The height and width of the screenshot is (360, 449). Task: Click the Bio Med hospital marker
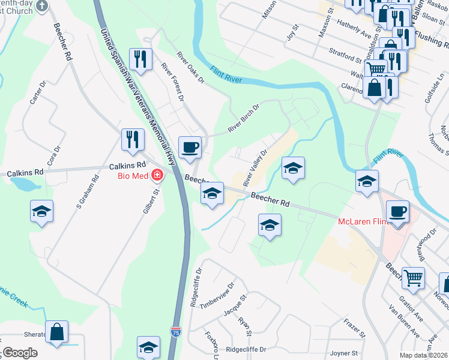[x=157, y=176]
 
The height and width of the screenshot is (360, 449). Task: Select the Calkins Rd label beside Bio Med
[x=128, y=166]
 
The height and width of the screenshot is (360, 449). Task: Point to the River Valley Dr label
[x=255, y=168]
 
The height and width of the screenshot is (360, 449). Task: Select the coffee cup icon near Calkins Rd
[x=190, y=148]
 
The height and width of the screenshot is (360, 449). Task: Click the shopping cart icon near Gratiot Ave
[x=413, y=277]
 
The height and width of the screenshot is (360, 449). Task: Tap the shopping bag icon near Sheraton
[x=56, y=331]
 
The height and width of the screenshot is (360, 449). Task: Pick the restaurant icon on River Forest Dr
[x=140, y=59]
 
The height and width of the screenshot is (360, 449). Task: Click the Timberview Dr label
[x=216, y=295]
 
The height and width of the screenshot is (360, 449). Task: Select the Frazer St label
[x=355, y=328]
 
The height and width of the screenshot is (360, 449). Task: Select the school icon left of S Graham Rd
[x=41, y=211]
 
